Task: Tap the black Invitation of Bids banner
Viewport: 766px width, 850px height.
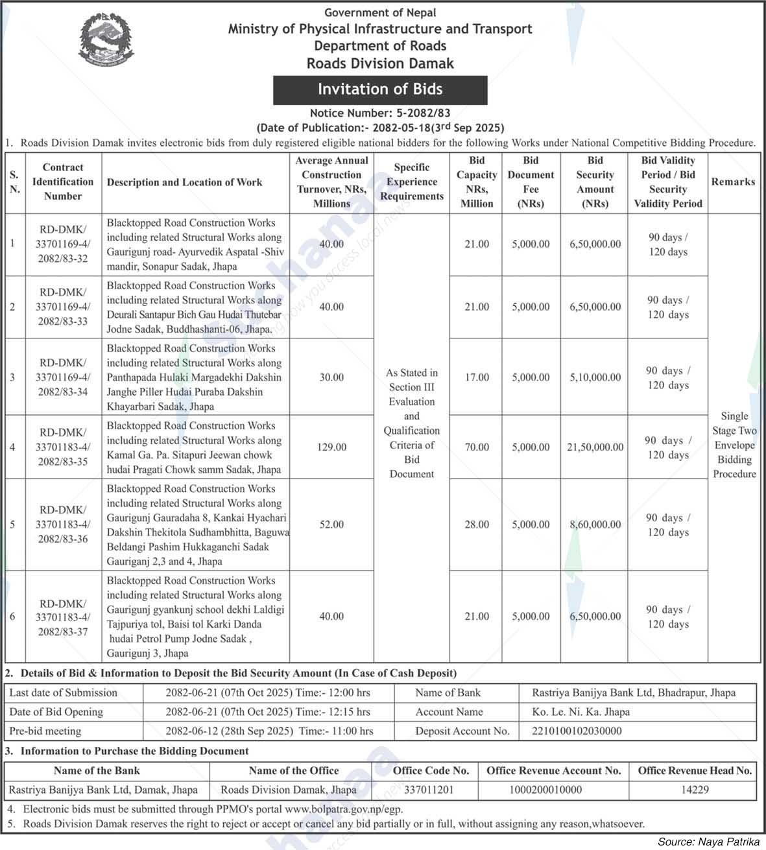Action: click(x=380, y=89)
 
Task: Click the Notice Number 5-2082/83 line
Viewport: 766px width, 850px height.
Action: click(x=380, y=113)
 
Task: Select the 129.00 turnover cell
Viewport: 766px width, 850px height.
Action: click(x=331, y=447)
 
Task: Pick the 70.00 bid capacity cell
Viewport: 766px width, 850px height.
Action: click(x=477, y=447)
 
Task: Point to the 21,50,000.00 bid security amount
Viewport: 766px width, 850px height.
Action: click(x=595, y=447)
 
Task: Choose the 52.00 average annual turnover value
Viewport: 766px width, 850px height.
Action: click(x=331, y=525)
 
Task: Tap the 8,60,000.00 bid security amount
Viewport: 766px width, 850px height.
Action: click(x=595, y=525)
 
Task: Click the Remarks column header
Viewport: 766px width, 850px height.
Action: click(x=733, y=182)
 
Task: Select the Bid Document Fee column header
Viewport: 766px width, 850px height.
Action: click(x=531, y=182)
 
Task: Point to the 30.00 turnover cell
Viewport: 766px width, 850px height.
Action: click(x=331, y=377)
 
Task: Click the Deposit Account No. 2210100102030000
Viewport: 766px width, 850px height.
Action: click(x=577, y=731)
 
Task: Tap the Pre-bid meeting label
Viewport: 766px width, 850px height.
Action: click(x=45, y=731)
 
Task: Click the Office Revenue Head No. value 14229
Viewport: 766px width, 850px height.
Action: click(x=695, y=790)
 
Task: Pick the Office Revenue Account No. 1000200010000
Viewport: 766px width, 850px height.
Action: click(x=554, y=790)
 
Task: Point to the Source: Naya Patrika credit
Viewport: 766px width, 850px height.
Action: click(x=708, y=842)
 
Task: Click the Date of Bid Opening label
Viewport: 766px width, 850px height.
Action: click(x=56, y=712)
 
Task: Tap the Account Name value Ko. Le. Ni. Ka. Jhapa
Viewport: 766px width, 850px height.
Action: click(x=580, y=712)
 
